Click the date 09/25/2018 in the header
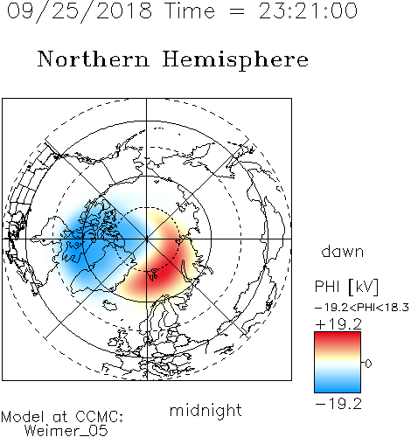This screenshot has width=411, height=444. (80, 11)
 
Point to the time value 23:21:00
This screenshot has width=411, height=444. (308, 11)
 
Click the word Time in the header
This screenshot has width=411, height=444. (190, 11)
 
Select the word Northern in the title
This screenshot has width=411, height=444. (94, 59)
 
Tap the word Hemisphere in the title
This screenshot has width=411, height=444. (235, 60)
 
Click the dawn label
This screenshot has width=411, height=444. (343, 251)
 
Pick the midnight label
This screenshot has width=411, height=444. (205, 411)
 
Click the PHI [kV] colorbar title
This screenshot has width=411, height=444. (346, 287)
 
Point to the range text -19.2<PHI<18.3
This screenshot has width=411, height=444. (362, 308)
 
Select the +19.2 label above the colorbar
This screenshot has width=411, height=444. (338, 324)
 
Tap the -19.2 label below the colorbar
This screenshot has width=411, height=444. (338, 404)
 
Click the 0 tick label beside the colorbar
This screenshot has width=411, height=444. (368, 364)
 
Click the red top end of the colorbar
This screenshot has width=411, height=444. (338, 334)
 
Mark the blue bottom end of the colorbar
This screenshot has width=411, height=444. (338, 391)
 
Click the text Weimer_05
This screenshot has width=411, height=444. (66, 431)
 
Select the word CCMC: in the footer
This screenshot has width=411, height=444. (99, 417)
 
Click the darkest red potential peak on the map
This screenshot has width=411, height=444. (159, 274)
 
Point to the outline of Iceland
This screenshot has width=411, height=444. (109, 306)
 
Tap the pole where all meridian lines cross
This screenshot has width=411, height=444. (146, 239)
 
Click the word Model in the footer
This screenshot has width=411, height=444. (23, 417)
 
